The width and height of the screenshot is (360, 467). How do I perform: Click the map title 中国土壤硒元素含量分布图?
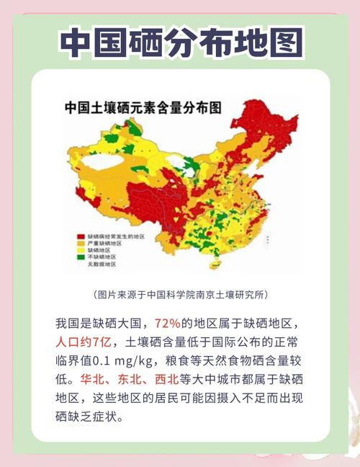click(x=143, y=109)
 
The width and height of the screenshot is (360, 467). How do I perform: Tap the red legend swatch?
click(x=81, y=236)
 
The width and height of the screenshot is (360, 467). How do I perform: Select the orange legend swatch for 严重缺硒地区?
click(x=81, y=243)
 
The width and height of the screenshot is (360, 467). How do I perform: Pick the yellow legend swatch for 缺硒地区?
click(x=81, y=250)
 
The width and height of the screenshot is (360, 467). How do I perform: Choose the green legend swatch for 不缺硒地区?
click(x=81, y=257)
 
